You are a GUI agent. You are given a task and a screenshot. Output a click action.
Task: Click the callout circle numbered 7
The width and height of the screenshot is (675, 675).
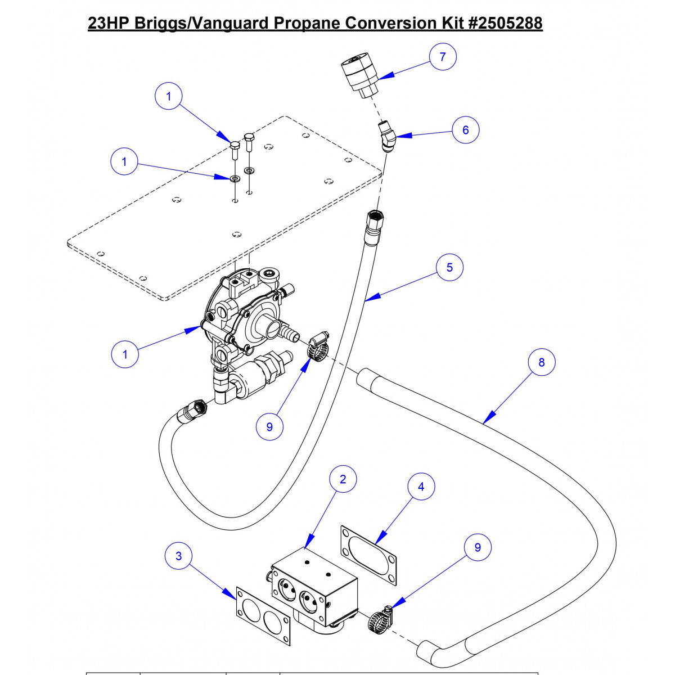(443, 56)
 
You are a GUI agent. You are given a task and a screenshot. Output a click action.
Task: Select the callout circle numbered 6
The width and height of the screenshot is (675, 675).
(465, 130)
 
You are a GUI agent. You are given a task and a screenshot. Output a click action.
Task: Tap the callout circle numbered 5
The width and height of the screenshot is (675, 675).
(449, 267)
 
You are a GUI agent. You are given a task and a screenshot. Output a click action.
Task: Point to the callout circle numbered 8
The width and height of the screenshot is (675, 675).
(541, 362)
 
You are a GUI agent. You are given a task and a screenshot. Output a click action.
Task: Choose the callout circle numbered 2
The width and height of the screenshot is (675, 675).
(342, 479)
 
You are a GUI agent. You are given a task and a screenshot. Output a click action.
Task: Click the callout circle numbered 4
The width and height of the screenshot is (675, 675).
(421, 487)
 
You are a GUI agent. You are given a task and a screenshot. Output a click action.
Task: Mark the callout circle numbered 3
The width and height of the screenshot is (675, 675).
(179, 556)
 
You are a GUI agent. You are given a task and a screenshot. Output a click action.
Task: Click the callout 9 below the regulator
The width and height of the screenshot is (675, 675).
(269, 427)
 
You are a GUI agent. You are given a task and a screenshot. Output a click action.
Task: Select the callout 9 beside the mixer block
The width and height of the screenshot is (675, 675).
(478, 547)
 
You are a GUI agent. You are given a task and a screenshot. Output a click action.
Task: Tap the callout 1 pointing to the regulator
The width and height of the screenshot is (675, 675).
(125, 354)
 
